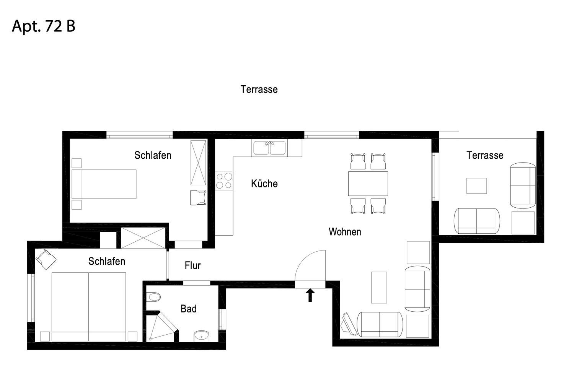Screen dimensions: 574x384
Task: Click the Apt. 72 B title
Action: pyautogui.click(x=44, y=26)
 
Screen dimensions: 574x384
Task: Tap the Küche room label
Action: pyautogui.click(x=264, y=184)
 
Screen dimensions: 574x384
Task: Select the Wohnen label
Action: pyautogui.click(x=345, y=231)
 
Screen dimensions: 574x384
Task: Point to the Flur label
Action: pyautogui.click(x=192, y=265)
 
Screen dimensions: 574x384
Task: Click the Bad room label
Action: pyautogui.click(x=188, y=309)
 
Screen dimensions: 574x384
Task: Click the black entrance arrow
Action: pyautogui.click(x=310, y=295)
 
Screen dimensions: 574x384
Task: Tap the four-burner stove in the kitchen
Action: pyautogui.click(x=224, y=181)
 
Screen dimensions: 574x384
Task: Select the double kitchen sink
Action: pyautogui.click(x=269, y=148)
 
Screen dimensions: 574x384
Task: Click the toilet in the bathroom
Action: pyautogui.click(x=153, y=297)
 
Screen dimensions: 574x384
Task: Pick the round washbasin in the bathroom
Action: pyautogui.click(x=201, y=336)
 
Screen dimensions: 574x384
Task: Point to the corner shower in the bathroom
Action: pyautogui.click(x=161, y=327)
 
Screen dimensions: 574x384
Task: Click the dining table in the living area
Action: pyautogui.click(x=368, y=184)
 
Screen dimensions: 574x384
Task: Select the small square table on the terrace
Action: pyautogui.click(x=476, y=186)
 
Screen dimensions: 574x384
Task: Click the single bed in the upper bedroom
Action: pyautogui.click(x=104, y=184)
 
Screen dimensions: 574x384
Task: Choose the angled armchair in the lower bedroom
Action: pyautogui.click(x=46, y=259)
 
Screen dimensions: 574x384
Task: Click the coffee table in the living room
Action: pyautogui.click(x=379, y=287)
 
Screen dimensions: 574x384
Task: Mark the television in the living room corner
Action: pyautogui.click(x=349, y=324)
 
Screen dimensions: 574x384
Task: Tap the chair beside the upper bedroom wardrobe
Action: pyautogui.click(x=198, y=197)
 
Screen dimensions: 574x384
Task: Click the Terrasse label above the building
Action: pyautogui.click(x=259, y=89)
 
